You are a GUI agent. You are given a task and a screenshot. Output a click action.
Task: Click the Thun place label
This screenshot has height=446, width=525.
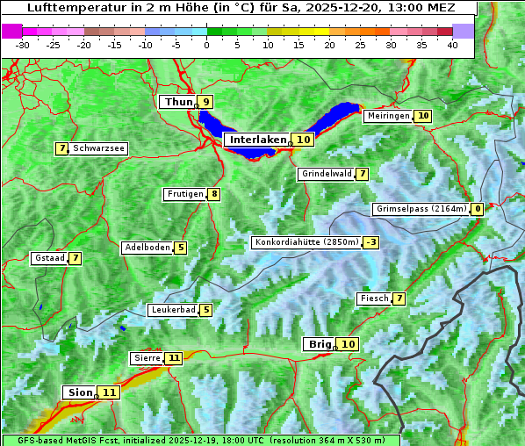178,103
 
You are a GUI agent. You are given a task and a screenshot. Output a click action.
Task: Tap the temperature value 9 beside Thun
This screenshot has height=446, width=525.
206,103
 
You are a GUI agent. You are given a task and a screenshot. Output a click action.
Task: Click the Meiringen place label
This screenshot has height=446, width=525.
387,116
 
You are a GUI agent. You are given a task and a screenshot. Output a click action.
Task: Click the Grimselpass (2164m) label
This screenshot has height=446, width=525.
421,209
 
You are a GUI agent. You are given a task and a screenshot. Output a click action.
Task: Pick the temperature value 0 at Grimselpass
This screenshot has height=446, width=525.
477,209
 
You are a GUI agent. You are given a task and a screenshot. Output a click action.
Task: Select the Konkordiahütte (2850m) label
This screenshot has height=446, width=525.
306,242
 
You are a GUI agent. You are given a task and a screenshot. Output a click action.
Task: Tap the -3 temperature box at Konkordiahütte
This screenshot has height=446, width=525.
371,242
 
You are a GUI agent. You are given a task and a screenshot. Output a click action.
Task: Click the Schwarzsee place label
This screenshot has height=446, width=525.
98,148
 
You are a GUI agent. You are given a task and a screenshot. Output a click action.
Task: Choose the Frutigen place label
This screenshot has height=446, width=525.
184,194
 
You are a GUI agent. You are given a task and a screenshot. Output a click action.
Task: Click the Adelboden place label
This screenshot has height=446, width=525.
147,248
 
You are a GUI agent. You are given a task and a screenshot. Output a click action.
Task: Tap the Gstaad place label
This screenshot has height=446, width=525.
49,258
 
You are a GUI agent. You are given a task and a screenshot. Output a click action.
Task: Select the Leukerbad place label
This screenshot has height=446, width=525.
172,310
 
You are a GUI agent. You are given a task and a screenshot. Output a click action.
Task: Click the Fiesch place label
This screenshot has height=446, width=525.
374,299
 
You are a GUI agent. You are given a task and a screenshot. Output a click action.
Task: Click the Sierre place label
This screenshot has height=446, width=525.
147,358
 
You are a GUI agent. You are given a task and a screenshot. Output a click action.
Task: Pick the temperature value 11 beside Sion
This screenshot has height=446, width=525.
109,392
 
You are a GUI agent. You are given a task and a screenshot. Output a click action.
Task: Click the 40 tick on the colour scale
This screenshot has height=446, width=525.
452,45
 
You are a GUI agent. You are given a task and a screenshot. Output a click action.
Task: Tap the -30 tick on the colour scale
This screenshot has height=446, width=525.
23,45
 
